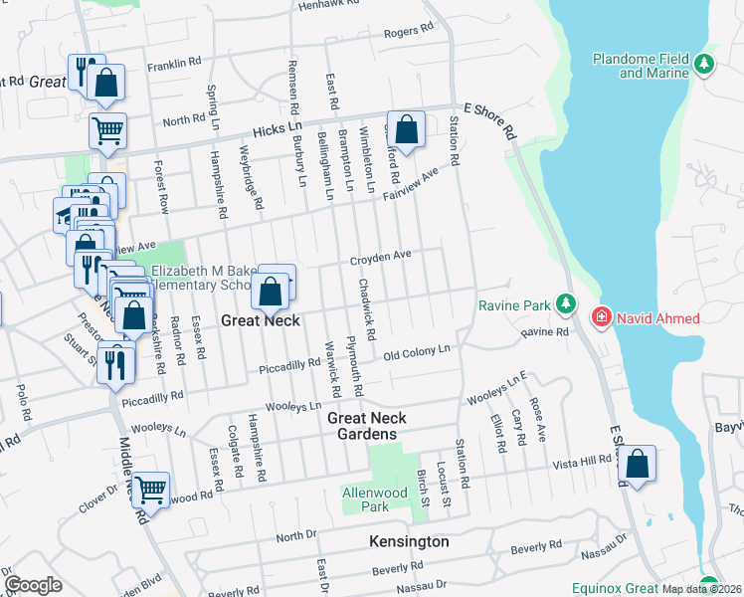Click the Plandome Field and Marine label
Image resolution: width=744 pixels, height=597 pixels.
pos(641,66)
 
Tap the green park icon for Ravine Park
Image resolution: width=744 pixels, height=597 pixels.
pos(566,303)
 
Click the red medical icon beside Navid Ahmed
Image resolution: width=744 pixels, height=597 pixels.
pos(601,318)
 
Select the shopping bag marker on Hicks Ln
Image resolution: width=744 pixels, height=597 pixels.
pos(406,128)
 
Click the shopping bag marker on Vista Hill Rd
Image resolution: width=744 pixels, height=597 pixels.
pos(637,464)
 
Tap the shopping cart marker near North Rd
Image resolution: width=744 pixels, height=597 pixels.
pos(107,129)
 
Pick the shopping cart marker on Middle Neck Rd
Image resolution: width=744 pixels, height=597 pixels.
pos(150,489)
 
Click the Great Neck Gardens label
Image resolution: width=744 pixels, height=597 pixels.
pos(362,426)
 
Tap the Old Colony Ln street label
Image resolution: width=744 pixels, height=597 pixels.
pos(417,352)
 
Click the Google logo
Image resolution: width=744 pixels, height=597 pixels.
pos(33,584)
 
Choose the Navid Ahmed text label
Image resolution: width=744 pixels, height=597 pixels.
pos(657,318)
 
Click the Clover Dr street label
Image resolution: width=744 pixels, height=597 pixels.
pos(96,498)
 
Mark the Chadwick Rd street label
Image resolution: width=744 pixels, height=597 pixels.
pos(366,305)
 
